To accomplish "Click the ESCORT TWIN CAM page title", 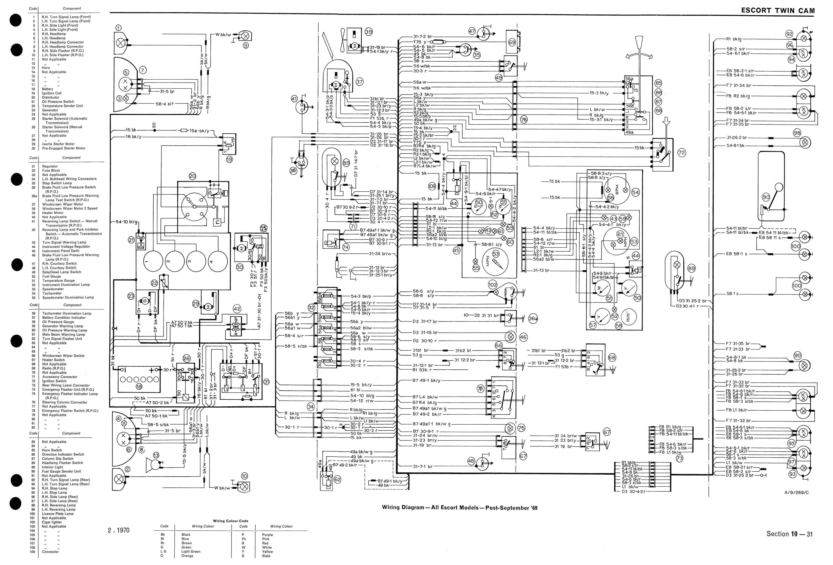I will pyautogui.click(x=778, y=10).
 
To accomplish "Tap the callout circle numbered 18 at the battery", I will pyautogui.click(x=139, y=386).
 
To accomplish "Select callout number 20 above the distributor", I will pyautogui.click(x=192, y=176).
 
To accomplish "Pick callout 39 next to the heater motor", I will pyautogui.click(x=368, y=32).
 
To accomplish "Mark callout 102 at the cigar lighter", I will pyautogui.click(x=492, y=285).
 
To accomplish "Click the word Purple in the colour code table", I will pyautogui.click(x=267, y=535).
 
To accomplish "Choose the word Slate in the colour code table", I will pyautogui.click(x=266, y=556).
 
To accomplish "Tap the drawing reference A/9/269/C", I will pyautogui.click(x=796, y=492).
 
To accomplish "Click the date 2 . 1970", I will pyautogui.click(x=119, y=530).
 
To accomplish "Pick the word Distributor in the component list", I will pyautogui.click(x=51, y=97).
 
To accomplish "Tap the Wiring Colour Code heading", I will pyautogui.click(x=231, y=521).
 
